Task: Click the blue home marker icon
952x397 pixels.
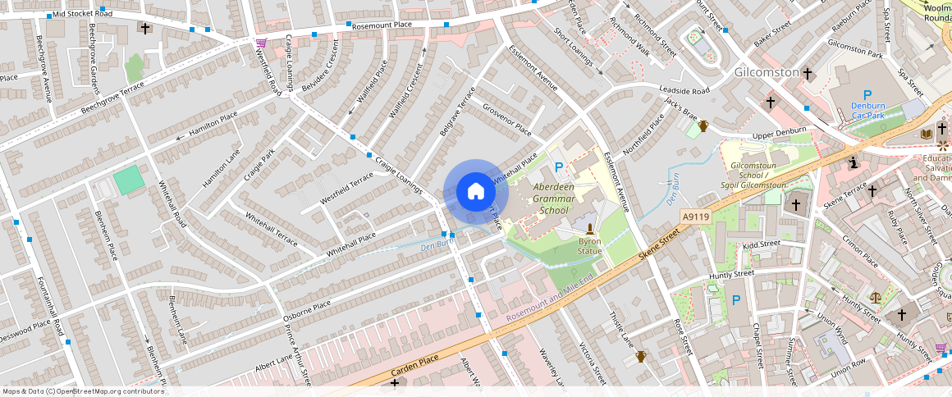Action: tap(476, 193)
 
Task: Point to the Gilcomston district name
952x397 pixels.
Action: tap(766, 72)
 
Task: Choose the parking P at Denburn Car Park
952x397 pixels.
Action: tap(867, 96)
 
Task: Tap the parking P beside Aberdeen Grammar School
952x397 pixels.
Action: tap(560, 167)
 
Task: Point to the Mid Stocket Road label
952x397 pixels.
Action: tap(81, 14)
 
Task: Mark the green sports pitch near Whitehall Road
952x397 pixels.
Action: tap(127, 180)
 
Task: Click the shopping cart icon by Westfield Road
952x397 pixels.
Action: tap(261, 43)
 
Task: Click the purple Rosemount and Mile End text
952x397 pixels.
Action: tap(549, 301)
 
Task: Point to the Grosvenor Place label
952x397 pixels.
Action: tap(507, 120)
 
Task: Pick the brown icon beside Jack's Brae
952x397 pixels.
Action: tap(703, 125)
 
